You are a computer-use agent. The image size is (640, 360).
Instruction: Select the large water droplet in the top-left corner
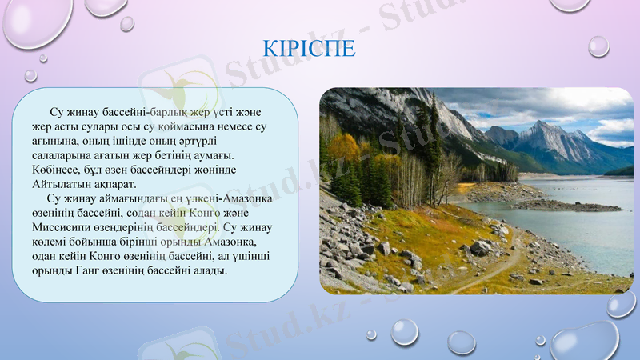click(36, 20)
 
